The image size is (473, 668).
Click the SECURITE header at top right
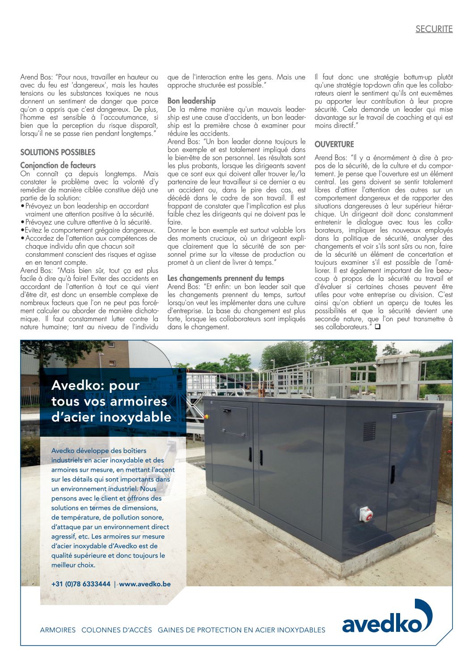(434, 29)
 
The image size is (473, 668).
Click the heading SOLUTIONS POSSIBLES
(58, 152)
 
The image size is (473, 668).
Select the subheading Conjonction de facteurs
(58, 165)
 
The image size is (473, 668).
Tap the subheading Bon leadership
(191, 101)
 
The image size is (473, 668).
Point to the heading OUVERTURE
(334, 144)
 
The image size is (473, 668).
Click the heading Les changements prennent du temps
(226, 278)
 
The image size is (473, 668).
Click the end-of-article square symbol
(378, 327)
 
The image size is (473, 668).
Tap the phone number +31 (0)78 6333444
(81, 584)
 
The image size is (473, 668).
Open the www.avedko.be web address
(145, 584)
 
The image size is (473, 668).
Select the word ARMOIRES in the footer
(58, 630)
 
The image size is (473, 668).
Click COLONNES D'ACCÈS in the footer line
(117, 630)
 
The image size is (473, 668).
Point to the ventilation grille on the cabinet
(369, 431)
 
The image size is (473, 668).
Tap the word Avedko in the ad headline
(77, 385)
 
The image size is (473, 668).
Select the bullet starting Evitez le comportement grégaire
(90, 230)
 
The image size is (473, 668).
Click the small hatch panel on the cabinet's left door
(233, 422)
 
